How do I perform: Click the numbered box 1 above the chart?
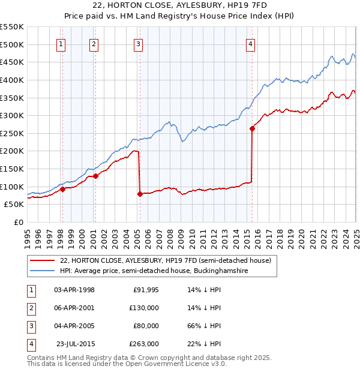point(62,44)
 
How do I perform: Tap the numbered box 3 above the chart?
point(139,44)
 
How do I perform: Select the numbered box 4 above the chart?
point(250,44)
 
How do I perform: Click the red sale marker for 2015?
point(252,128)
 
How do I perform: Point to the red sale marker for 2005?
point(140,194)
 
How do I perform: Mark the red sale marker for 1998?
point(62,189)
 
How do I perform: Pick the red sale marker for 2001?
point(95,176)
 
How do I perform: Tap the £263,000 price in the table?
point(145,344)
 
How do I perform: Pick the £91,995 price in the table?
point(146,290)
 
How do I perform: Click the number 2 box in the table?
point(29,308)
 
